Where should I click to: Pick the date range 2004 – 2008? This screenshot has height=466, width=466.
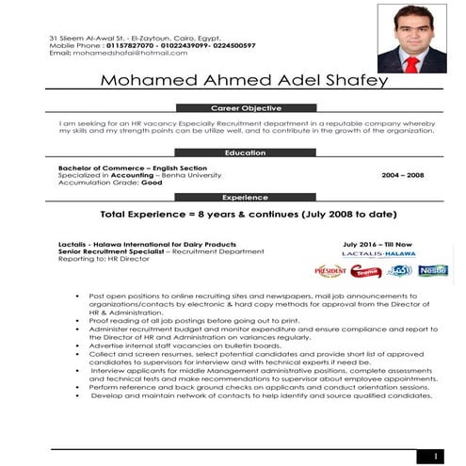pos(402,175)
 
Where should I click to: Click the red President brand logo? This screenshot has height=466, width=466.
pos(330,271)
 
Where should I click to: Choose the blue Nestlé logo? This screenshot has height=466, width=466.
pos(433,270)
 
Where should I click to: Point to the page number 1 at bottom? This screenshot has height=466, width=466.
pos(435,457)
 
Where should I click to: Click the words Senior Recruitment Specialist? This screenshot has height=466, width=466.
pos(104,251)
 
